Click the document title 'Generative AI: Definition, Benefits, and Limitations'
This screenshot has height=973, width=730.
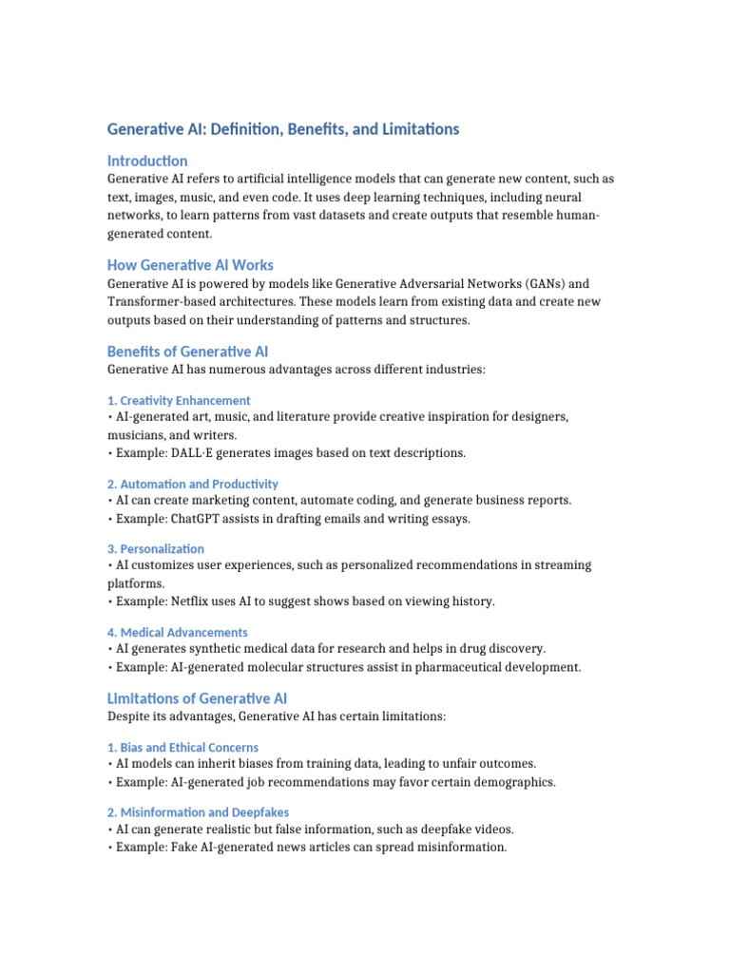coord(283,129)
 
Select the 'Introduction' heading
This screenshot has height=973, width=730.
coord(147,161)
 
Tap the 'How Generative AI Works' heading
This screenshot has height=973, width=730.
coord(190,265)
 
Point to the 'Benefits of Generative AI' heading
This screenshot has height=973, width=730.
coord(187,352)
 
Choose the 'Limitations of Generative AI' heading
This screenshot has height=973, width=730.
coord(197,698)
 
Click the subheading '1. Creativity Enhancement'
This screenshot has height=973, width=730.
coord(179,400)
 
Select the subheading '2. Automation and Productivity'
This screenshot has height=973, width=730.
coord(193,484)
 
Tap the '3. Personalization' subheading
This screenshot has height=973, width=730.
coord(156,548)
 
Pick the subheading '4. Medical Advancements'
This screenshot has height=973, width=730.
coord(178,632)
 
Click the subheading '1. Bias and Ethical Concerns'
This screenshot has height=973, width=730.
coord(182,747)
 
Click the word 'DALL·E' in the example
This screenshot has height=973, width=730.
coord(198,452)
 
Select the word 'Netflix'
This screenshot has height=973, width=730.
coord(191,601)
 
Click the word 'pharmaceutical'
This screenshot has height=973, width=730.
coord(461,667)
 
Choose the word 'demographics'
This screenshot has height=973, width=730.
coord(512,782)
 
